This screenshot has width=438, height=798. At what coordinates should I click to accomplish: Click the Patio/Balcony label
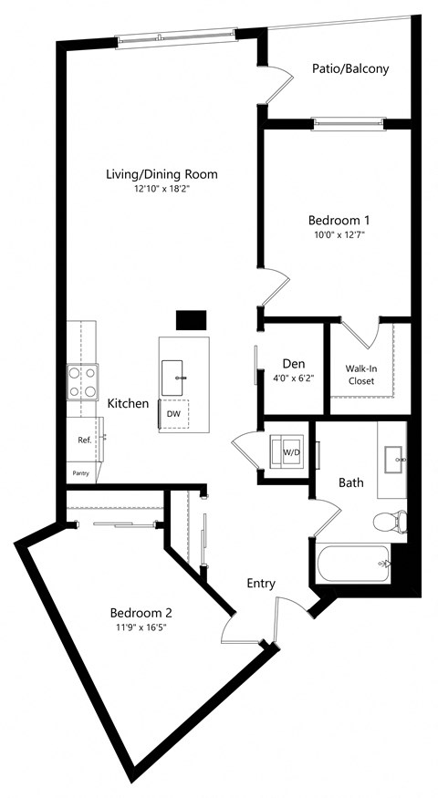coord(350,68)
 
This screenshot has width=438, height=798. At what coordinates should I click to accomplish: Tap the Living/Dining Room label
coord(162,174)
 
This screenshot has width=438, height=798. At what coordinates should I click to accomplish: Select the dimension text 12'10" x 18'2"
coord(162,189)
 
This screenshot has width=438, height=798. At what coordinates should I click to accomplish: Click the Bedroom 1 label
coord(339,220)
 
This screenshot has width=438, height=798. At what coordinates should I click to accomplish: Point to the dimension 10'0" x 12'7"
coord(339,234)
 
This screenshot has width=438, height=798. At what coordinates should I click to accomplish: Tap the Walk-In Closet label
coord(360,374)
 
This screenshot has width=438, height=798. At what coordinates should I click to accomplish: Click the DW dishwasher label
coord(173,413)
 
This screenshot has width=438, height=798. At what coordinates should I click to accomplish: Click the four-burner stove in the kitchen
coord(81,382)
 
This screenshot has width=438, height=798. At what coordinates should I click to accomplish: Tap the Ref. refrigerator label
coord(84,440)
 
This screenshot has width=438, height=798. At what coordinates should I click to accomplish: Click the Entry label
coord(261,584)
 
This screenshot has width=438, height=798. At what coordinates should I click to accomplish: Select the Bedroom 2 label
coord(141,612)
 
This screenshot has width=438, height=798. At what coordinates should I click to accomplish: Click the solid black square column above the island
coord(191,320)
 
